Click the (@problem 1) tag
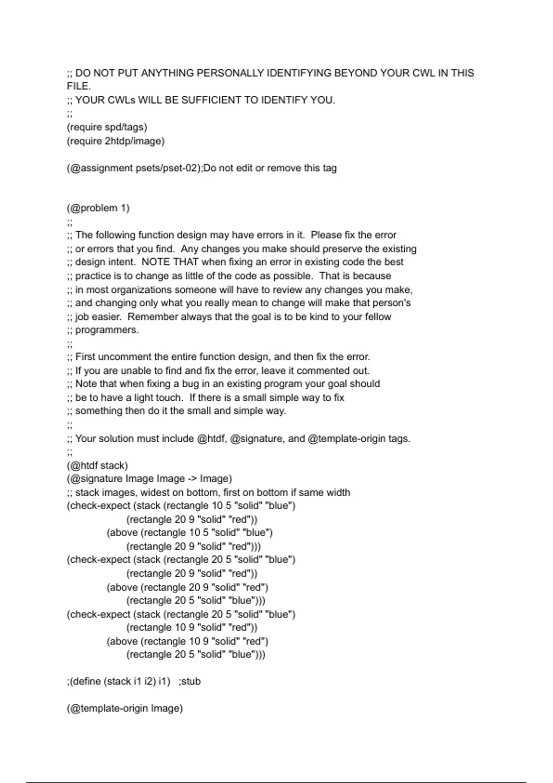(98, 208)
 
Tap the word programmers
(106, 330)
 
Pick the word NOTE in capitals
(156, 262)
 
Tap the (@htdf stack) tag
(97, 465)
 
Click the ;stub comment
(189, 681)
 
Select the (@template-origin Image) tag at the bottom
(124, 708)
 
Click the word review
(321, 290)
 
